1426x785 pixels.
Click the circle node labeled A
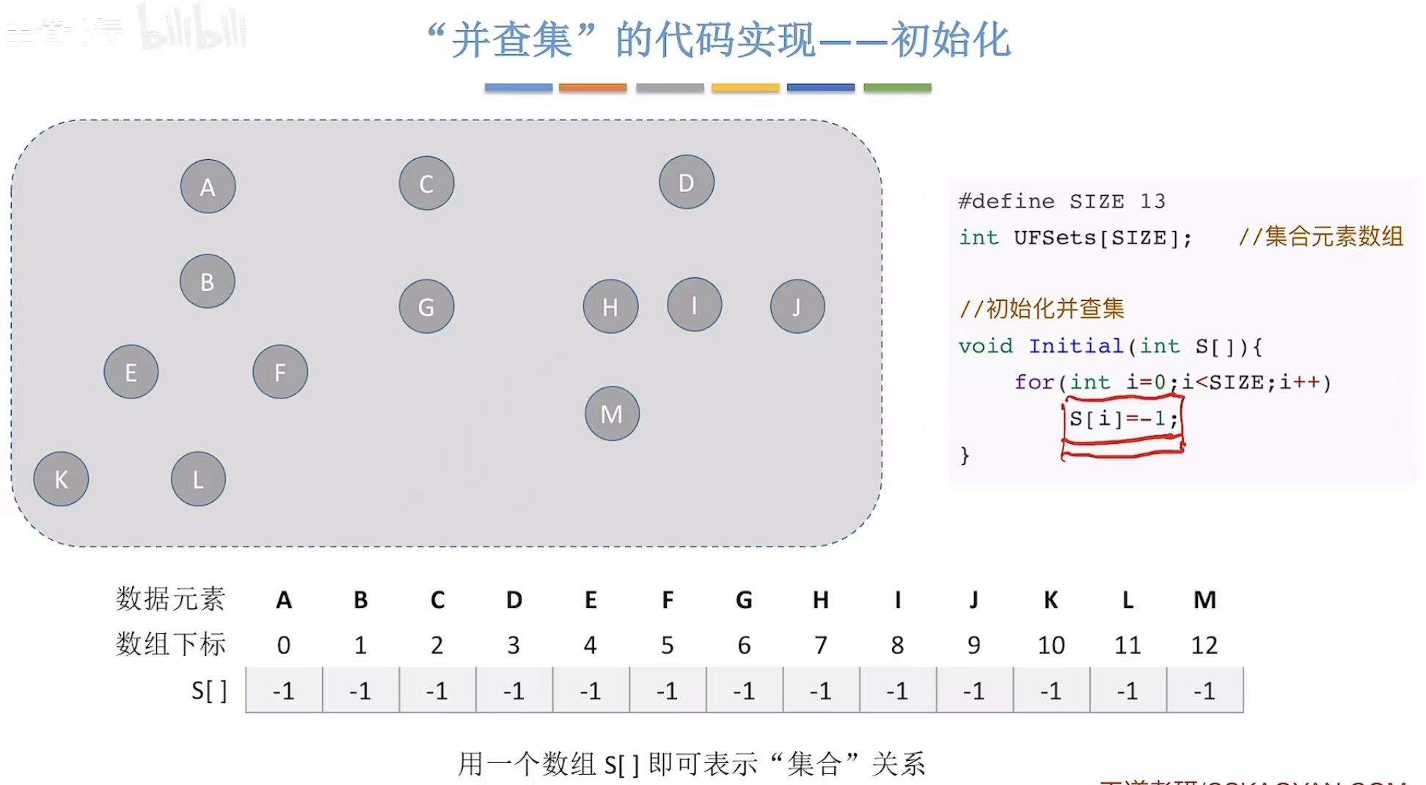click(x=208, y=186)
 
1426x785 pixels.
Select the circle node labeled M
click(x=612, y=414)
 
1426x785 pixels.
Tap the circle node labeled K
click(x=61, y=479)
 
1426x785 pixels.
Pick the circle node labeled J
click(x=797, y=307)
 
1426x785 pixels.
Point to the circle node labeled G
click(x=426, y=307)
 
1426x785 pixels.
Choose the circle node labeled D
click(x=687, y=182)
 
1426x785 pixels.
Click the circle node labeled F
click(x=280, y=372)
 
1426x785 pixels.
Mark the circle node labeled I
click(x=695, y=304)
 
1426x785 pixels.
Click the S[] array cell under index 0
click(x=284, y=690)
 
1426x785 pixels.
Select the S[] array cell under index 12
click(x=1204, y=690)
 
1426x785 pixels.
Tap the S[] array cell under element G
click(x=744, y=690)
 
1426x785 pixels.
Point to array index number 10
click(x=1050, y=645)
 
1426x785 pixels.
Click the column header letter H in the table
click(x=821, y=600)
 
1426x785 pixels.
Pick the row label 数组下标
click(x=171, y=644)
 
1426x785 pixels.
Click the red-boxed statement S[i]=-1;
click(x=1123, y=419)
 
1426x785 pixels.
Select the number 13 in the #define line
click(x=1152, y=201)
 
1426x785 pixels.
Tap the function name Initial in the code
click(x=1076, y=346)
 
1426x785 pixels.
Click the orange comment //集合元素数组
click(x=1320, y=237)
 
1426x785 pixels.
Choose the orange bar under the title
click(x=593, y=87)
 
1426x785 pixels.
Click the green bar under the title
click(x=897, y=87)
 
